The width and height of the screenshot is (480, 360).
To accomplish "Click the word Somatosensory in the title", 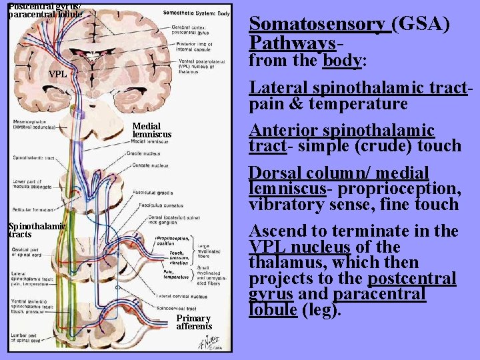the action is point(317,25).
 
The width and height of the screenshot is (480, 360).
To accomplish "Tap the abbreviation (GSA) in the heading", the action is point(421,25).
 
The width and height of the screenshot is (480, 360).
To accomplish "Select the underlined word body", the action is point(341,61).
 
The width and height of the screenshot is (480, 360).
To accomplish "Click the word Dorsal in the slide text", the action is point(275,173).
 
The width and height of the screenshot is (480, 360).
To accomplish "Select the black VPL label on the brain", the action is point(58,74).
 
